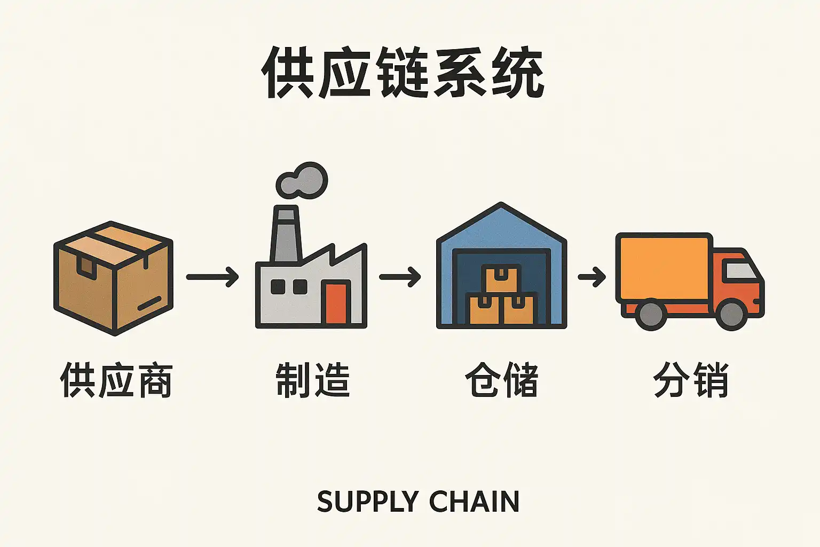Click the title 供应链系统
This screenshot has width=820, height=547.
403,73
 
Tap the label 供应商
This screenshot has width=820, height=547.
116,380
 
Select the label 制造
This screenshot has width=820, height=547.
313,380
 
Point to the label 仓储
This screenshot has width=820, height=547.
501,380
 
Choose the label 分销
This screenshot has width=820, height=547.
691,380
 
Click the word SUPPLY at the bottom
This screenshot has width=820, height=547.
368,502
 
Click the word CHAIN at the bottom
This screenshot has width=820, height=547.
474,502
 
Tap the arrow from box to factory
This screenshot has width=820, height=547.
212,277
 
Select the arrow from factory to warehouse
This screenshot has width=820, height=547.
400,277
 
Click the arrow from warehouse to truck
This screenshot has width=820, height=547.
592,277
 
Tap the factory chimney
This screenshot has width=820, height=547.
286,235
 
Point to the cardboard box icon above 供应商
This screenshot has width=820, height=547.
114,278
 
